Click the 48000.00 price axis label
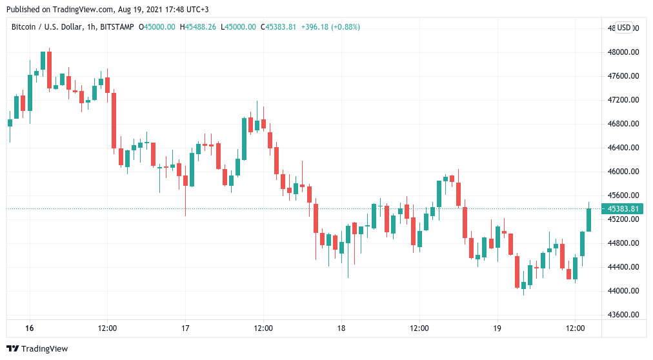click(x=625, y=52)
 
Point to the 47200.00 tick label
click(x=625, y=100)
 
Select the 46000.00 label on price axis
click(x=625, y=172)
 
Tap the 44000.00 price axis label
click(x=625, y=291)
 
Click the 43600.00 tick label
click(x=625, y=315)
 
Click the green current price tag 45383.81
click(x=623, y=208)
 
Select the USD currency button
click(x=624, y=28)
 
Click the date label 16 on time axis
click(x=29, y=328)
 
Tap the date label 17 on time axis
click(x=185, y=328)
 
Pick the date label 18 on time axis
click(x=341, y=328)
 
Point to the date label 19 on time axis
click(x=497, y=328)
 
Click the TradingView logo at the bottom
click(x=39, y=349)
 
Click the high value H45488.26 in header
click(x=199, y=26)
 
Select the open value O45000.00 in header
click(x=157, y=26)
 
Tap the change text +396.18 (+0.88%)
click(x=330, y=26)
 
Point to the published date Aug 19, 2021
click(x=123, y=10)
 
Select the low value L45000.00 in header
click(x=239, y=26)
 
